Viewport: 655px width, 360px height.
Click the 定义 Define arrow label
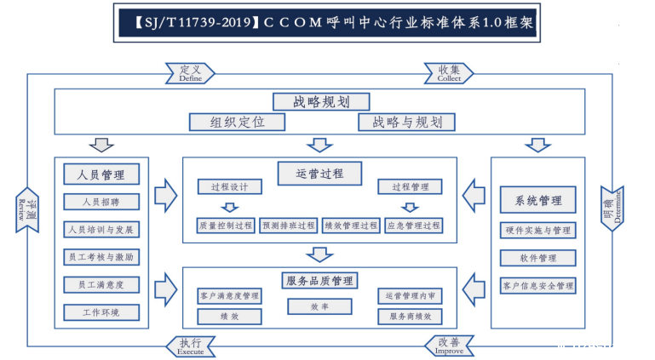(190, 73)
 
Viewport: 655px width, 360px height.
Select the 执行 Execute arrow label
(190, 346)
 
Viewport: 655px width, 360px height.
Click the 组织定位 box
(238, 122)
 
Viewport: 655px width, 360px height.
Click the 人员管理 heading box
(101, 174)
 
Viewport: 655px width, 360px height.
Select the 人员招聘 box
(101, 203)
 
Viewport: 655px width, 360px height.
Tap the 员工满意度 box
(101, 285)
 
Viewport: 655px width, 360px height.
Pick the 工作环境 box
(101, 312)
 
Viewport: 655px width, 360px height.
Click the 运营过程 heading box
(319, 174)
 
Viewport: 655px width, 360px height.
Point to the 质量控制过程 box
(225, 226)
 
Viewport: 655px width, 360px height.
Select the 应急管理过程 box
(413, 226)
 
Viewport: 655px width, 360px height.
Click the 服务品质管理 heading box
(319, 280)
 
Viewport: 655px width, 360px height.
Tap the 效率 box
(319, 306)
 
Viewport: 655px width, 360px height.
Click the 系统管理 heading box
(538, 201)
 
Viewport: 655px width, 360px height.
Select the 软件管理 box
(538, 258)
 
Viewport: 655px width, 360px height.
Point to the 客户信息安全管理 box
(538, 286)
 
